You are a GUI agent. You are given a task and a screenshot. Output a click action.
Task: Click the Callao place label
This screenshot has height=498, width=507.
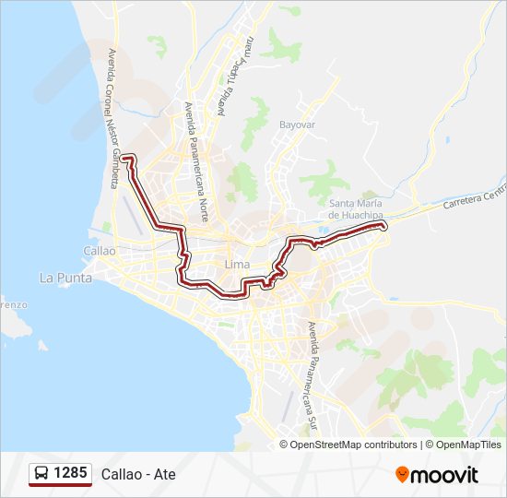pos(100,250)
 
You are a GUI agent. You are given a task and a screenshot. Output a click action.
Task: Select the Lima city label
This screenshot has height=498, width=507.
pos(237,265)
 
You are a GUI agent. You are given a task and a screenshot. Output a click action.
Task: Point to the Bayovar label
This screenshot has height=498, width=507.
pos(298,123)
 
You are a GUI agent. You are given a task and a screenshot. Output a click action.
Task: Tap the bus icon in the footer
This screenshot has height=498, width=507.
pos(41,474)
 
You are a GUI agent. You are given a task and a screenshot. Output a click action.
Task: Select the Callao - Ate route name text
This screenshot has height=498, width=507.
pos(138,475)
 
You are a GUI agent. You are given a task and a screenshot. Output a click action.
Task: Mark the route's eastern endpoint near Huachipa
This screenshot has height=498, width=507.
pos(383,225)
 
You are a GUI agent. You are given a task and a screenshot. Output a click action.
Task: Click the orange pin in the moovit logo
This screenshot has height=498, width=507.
pos(402,475)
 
